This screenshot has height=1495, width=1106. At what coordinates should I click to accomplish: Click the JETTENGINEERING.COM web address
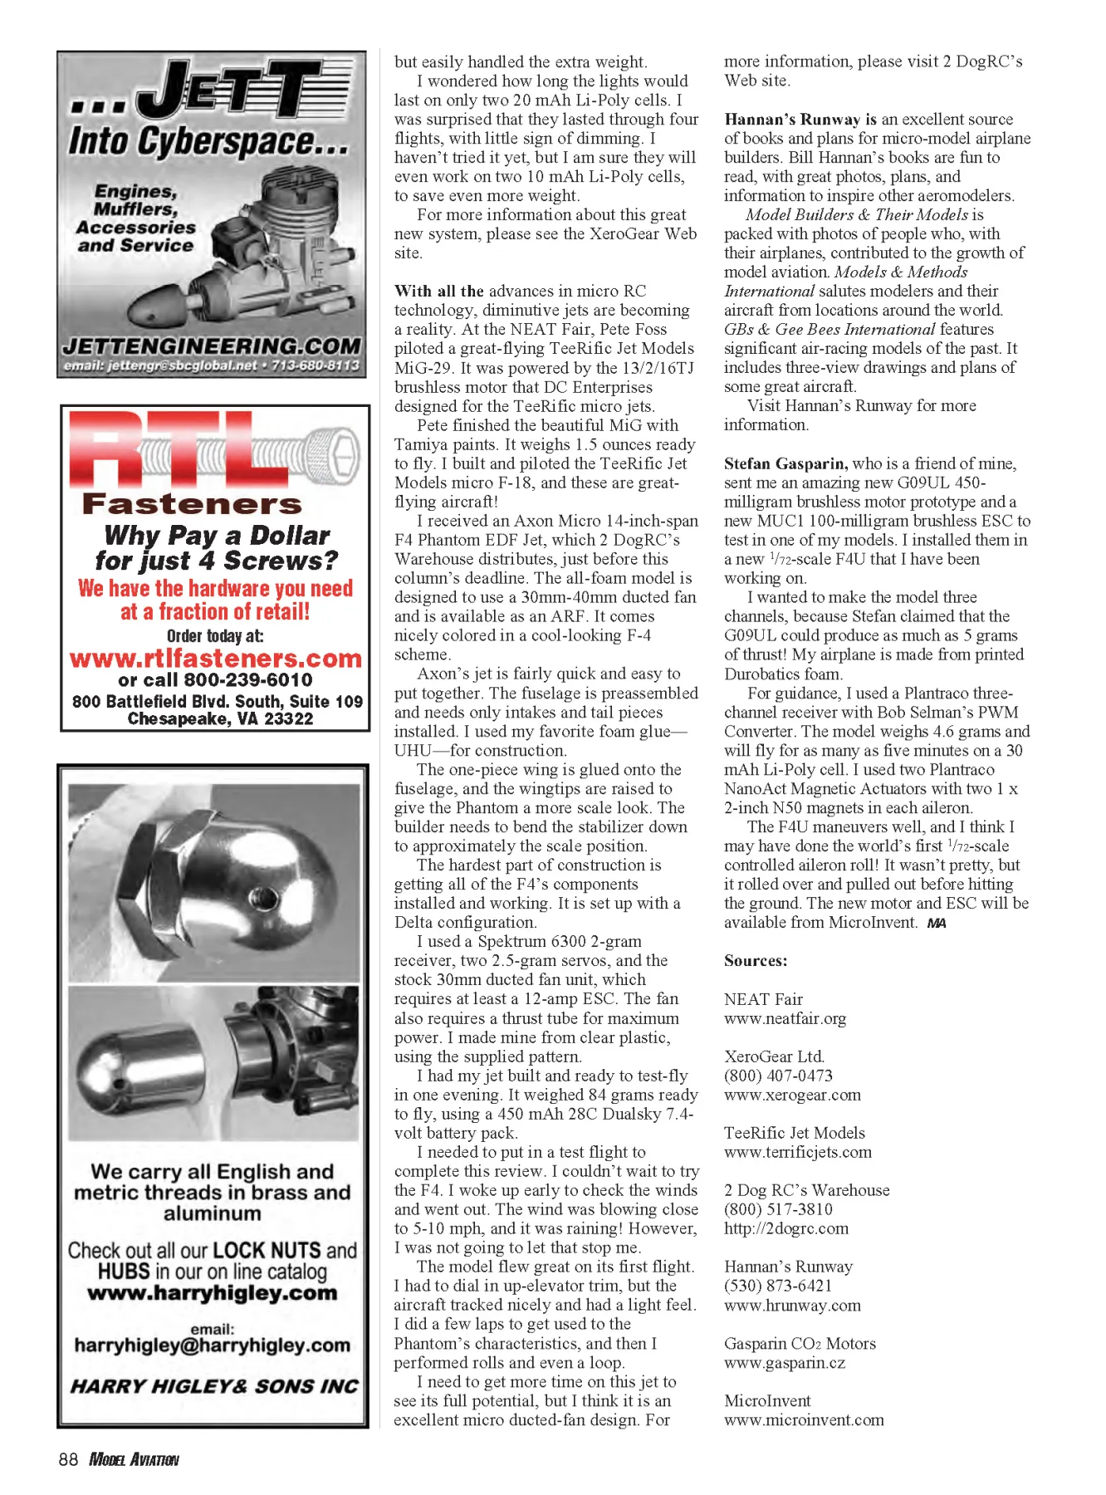pyautogui.click(x=212, y=346)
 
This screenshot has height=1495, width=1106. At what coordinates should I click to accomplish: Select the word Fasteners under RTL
pyautogui.click(x=192, y=504)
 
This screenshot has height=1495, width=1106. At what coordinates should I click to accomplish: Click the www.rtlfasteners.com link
pyautogui.click(x=216, y=659)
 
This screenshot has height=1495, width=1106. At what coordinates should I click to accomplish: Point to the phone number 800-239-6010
pyautogui.click(x=247, y=680)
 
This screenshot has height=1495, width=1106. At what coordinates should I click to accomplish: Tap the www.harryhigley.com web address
pyautogui.click(x=213, y=1293)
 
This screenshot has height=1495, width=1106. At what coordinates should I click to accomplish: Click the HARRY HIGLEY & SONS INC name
pyautogui.click(x=214, y=1386)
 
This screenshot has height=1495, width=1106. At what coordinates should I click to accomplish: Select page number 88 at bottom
pyautogui.click(x=68, y=1459)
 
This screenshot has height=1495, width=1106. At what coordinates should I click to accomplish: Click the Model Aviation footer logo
pyautogui.click(x=134, y=1459)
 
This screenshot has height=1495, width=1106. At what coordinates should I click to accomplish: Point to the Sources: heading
pyautogui.click(x=756, y=961)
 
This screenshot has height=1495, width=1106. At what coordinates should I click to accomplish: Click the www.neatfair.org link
pyautogui.click(x=785, y=1018)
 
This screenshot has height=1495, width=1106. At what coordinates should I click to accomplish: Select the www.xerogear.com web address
pyautogui.click(x=792, y=1095)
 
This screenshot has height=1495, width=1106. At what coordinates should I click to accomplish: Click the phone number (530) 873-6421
pyautogui.click(x=778, y=1286)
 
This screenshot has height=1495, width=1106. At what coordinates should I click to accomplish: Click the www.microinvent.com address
pyautogui.click(x=804, y=1419)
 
